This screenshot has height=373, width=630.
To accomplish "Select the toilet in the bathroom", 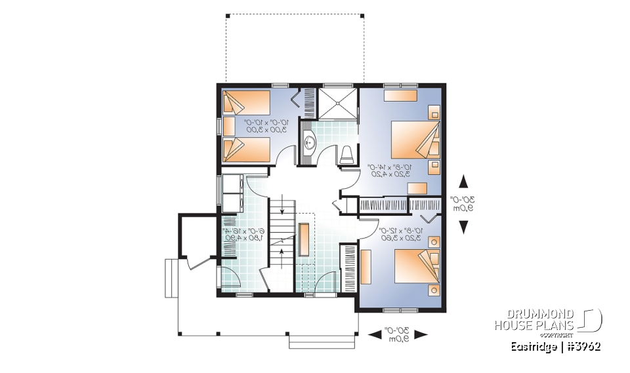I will pyautogui.click(x=347, y=155).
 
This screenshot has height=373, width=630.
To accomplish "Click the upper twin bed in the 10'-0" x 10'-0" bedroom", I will pyautogui.click(x=246, y=103).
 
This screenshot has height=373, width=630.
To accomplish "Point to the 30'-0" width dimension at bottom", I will pyautogui.click(x=398, y=334).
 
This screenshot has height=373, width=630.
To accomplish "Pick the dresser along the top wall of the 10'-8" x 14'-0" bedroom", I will pyautogui.click(x=400, y=96).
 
